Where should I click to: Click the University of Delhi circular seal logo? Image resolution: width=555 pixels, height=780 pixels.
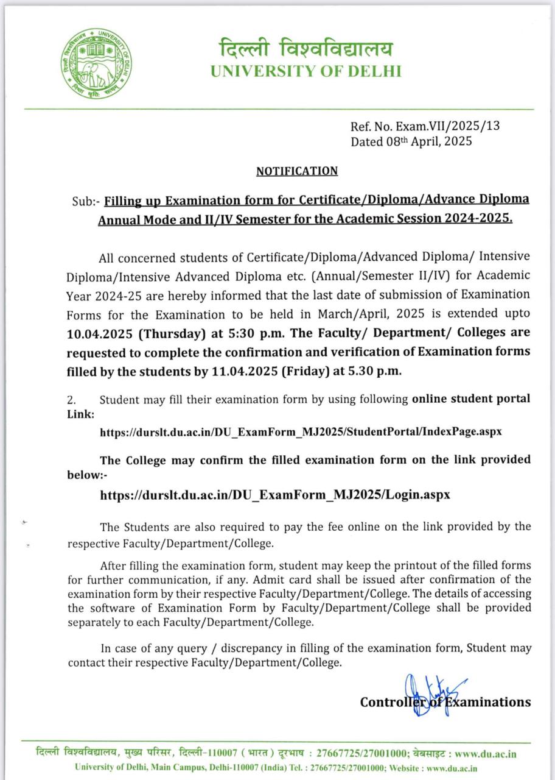click(x=97, y=63)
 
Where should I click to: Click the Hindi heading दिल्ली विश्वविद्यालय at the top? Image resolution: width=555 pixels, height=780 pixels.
click(x=306, y=49)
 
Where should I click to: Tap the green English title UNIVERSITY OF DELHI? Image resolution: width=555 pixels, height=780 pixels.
click(x=306, y=71)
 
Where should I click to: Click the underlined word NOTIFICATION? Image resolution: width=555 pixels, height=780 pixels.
click(x=296, y=171)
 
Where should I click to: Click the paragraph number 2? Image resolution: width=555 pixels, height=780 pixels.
click(x=71, y=400)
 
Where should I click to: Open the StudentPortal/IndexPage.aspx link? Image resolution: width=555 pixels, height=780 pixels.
click(x=301, y=432)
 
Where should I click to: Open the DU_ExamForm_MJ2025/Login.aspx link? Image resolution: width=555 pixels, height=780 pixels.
click(x=275, y=494)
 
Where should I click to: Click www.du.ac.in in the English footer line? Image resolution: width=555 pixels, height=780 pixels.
click(x=452, y=768)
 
